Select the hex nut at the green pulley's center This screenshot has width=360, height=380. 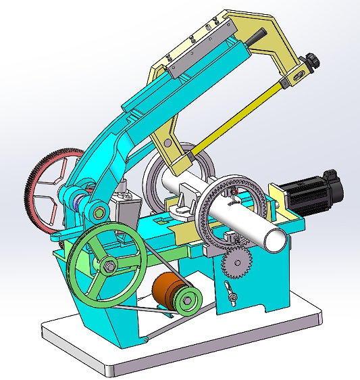[107, 264]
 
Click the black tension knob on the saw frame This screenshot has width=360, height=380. [312, 62]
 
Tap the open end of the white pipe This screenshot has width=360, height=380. [276, 239]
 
